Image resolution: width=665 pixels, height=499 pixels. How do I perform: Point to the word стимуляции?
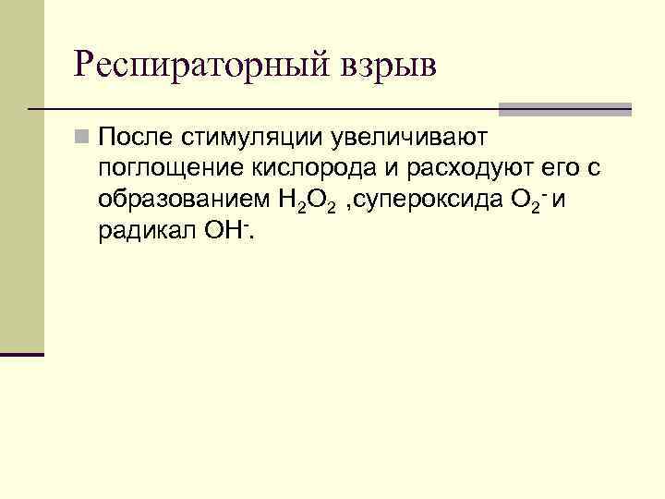[248, 139]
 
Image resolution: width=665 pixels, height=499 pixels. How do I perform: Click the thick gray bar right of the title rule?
[564, 109]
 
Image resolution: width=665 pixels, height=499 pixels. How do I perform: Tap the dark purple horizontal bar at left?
[22, 354]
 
